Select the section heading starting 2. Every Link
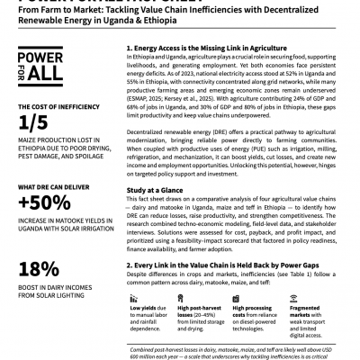pos(225,267)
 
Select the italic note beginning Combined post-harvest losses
pos(238,349)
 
